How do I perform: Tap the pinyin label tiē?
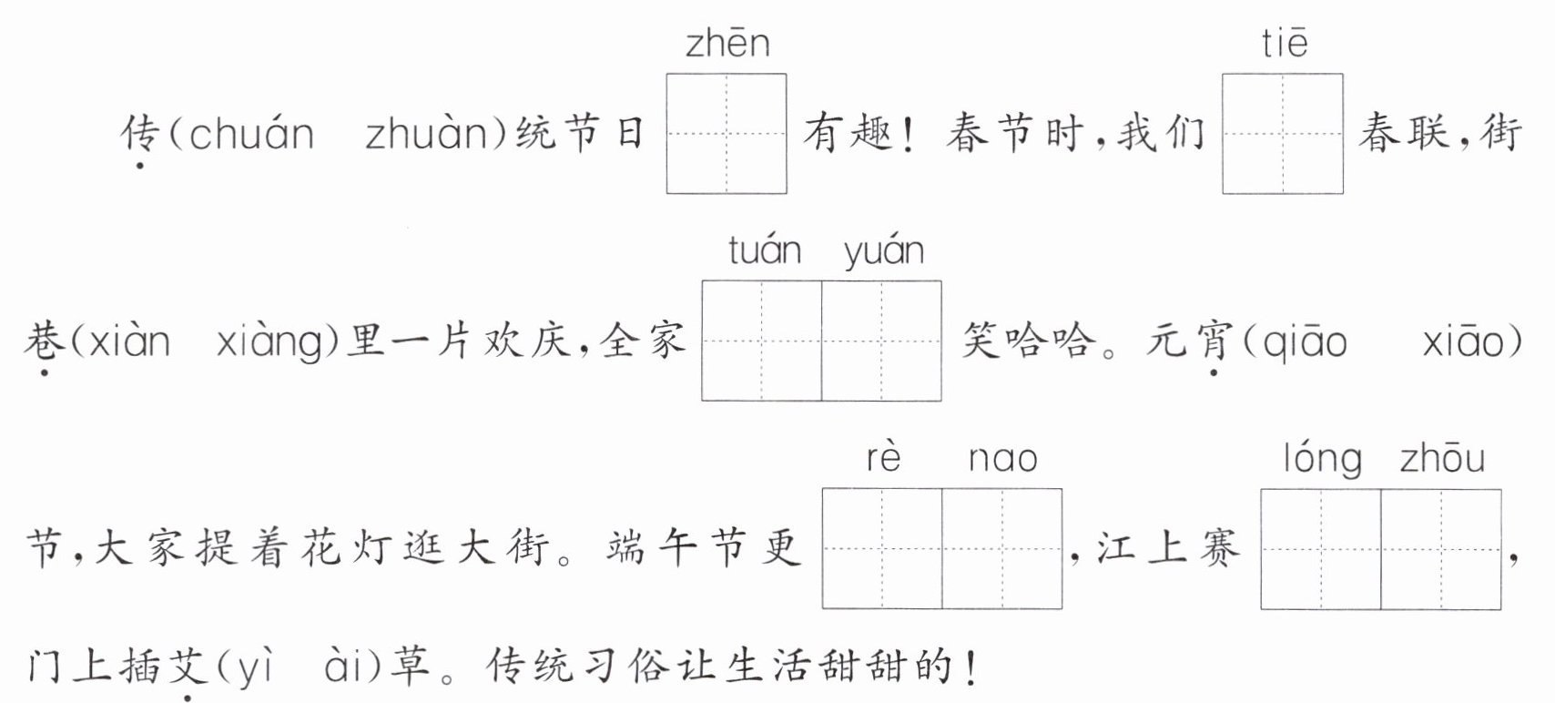[1284, 43]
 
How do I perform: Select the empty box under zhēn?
[727, 134]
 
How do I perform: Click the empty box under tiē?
[1283, 134]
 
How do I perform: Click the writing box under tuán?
[762, 341]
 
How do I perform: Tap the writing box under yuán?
[881, 341]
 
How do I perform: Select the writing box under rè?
[882, 548]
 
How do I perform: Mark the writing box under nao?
[1001, 548]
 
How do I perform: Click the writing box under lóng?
[1321, 549]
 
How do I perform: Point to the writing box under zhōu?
[1440, 549]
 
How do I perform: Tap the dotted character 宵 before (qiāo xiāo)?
[1213, 342]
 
